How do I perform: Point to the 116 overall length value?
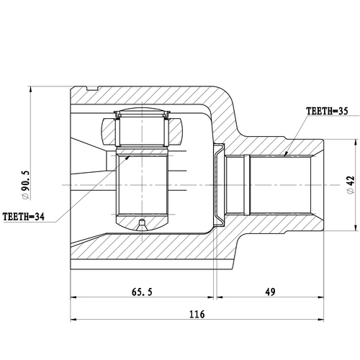pyautogui.click(x=195, y=315)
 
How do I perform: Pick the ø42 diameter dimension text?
pyautogui.click(x=350, y=185)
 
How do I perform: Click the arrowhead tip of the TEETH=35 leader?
pyautogui.click(x=284, y=155)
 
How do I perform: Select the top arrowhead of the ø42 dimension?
pyautogui.click(x=355, y=139)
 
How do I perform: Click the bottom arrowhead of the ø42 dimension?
pyautogui.click(x=355, y=233)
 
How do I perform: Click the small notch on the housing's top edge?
pyautogui.click(x=91, y=89)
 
